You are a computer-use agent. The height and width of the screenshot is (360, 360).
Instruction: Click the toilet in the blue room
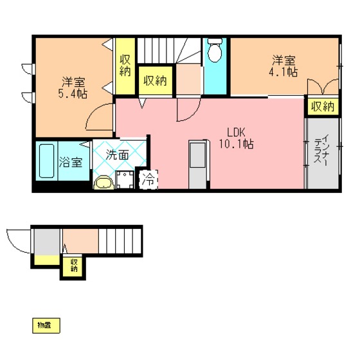[x=215, y=50]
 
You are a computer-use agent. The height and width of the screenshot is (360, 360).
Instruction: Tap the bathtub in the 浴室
[x=47, y=161]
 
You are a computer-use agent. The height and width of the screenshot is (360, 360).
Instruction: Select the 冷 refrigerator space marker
[x=148, y=179]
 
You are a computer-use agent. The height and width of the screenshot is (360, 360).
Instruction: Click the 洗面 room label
[x=117, y=155]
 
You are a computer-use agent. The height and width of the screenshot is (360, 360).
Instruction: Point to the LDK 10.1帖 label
[x=237, y=138]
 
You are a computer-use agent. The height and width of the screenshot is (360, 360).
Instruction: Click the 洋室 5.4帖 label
[x=73, y=87]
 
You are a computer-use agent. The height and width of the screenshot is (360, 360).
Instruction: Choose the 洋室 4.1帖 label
[x=283, y=66]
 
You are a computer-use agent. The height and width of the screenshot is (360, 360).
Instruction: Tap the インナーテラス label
[x=321, y=150]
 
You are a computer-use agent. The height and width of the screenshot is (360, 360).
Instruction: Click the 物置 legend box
[x=46, y=325]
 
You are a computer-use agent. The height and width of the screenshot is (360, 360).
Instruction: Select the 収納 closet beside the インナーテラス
[x=323, y=107]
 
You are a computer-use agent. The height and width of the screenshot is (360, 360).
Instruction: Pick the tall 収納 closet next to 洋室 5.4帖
[x=125, y=66]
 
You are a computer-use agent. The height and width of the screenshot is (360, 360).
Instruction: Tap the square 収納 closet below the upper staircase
[x=156, y=80]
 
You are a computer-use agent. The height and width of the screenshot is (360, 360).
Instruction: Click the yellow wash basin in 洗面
[x=104, y=183]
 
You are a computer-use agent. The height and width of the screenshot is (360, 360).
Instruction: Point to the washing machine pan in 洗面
[x=125, y=179]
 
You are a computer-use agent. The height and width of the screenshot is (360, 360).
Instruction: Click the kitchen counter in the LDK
[x=198, y=165]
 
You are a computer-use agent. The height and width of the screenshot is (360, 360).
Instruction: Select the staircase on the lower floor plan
[x=120, y=241]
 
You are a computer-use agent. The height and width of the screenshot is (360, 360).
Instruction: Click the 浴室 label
[x=70, y=162]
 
